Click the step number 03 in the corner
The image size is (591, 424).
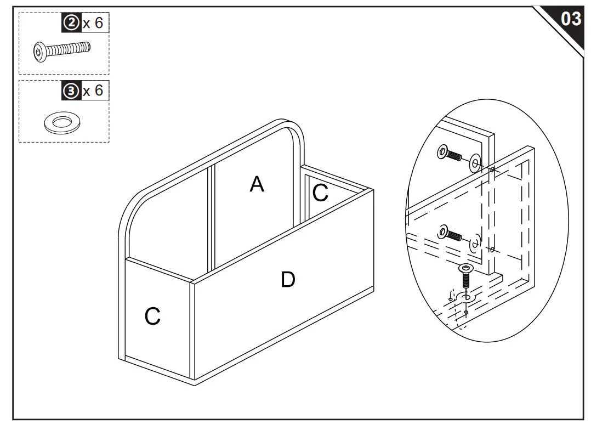pos(570,19)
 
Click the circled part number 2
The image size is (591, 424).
pos(71,23)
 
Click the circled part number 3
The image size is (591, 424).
pos(71,91)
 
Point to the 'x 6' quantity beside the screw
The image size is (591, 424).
pos(93,23)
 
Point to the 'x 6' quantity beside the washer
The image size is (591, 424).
pos(93,91)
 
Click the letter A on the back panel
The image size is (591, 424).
pos(257,184)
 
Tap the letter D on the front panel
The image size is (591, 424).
pos(288,280)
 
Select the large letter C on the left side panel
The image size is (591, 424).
pos(152,316)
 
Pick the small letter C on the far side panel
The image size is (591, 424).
pos(320,193)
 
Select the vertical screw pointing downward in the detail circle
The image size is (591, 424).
pos(465,276)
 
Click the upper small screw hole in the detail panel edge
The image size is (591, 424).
pos(492,169)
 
